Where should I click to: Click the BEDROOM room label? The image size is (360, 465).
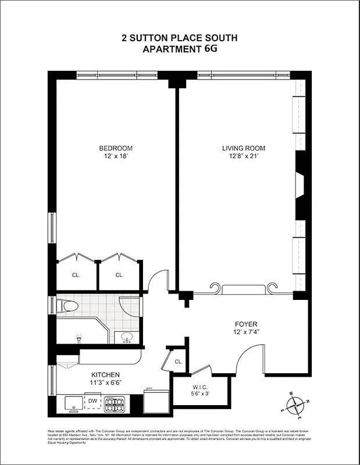coord(116,148)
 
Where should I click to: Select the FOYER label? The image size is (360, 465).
coord(246,324)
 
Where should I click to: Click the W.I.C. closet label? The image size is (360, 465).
coord(201,387)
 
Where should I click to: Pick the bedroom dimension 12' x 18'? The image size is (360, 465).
coord(116,156)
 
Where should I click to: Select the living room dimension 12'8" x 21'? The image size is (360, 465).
coord(239,156)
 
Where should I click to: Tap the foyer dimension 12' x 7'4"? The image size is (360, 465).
coord(246,332)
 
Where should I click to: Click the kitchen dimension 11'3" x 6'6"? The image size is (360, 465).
coord(105,383)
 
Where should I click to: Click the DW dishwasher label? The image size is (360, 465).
coord(92,400)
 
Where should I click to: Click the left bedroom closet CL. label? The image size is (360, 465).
coord(76,276)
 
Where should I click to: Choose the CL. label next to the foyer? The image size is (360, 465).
coord(179,362)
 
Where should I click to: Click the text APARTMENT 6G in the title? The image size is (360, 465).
coord(179,49)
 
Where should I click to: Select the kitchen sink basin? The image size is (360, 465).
coord(74,403)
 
